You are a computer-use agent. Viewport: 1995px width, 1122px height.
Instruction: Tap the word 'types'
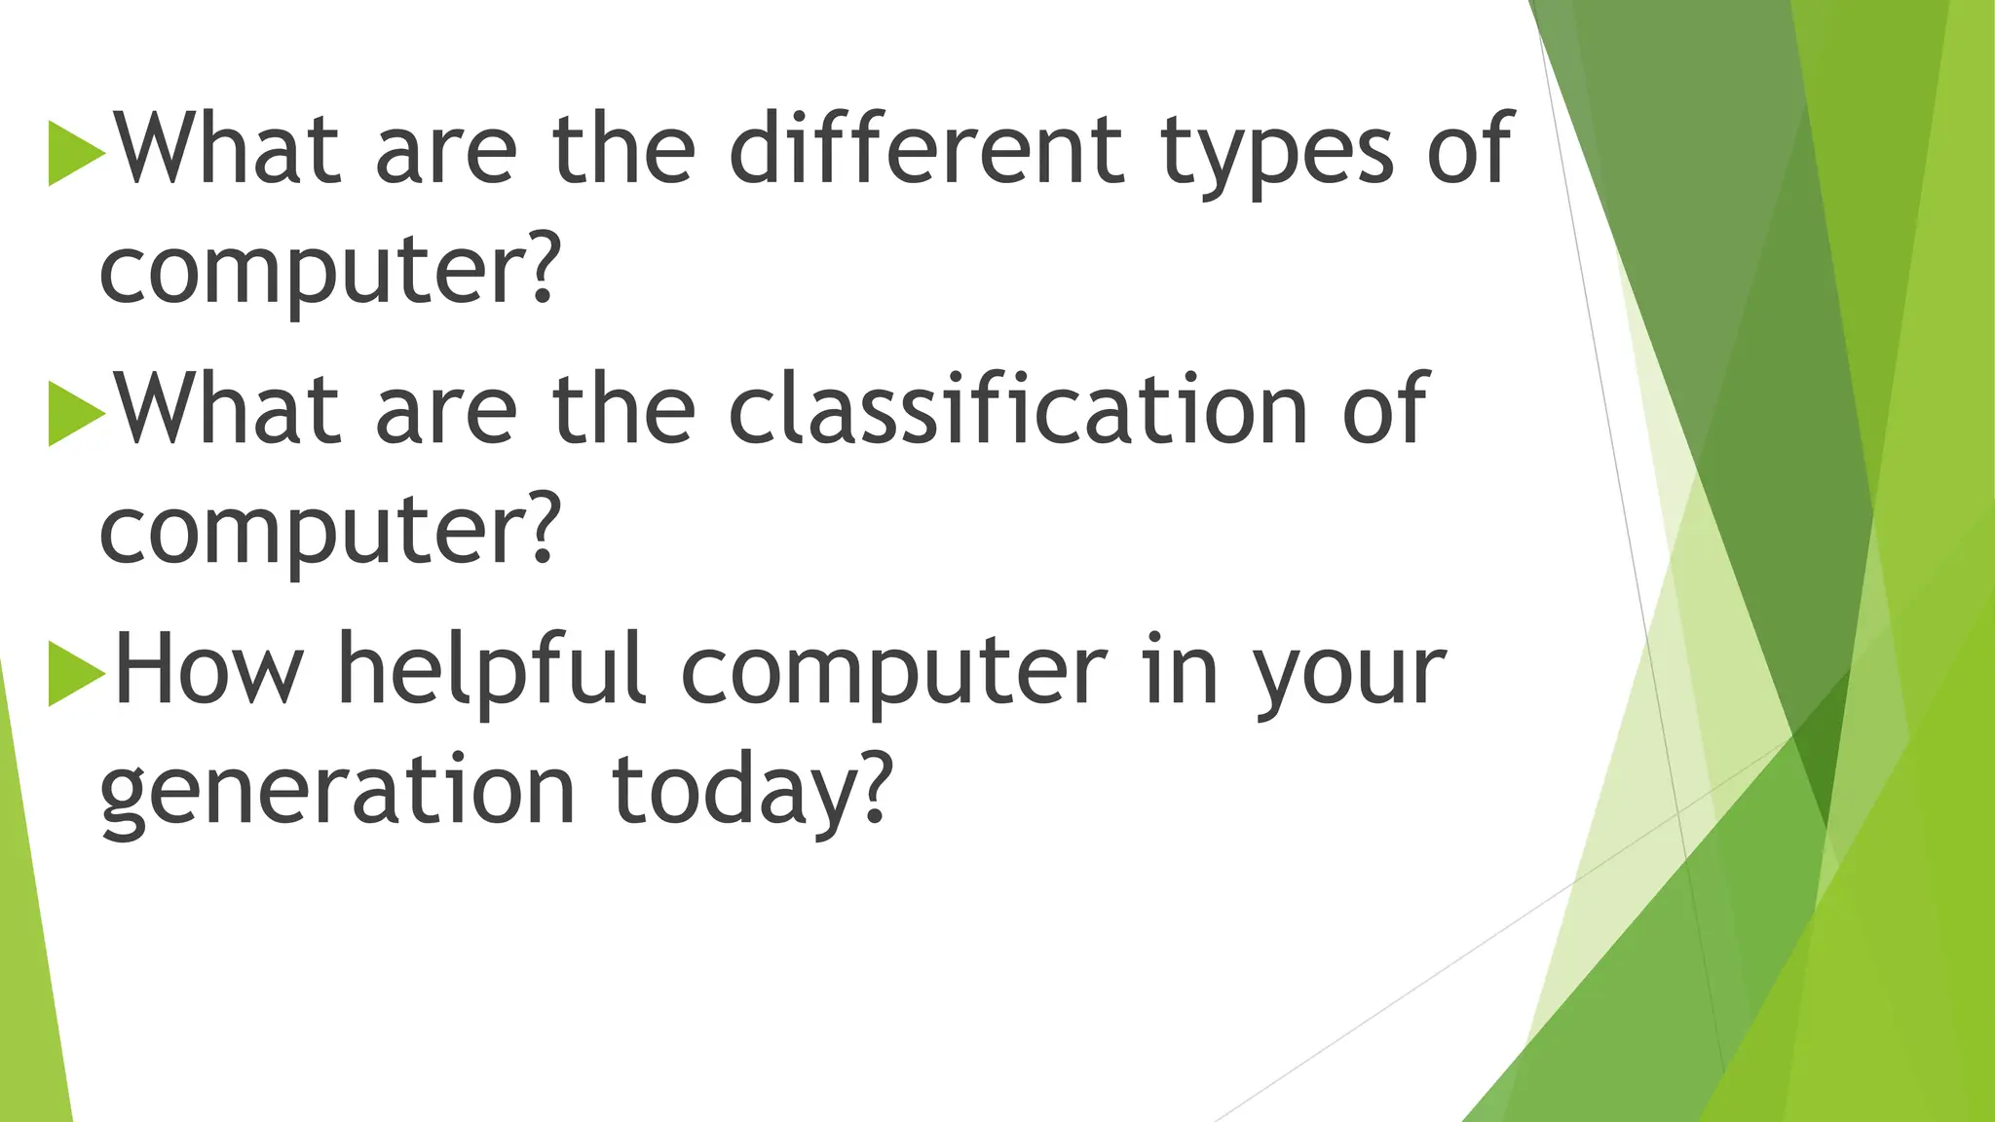[x=1276, y=156]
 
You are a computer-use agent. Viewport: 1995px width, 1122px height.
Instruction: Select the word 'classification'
[x=1017, y=411]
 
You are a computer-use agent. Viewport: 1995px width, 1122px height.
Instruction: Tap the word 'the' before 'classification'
[x=623, y=411]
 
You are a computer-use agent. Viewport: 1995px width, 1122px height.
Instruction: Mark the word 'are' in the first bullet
[x=446, y=156]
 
